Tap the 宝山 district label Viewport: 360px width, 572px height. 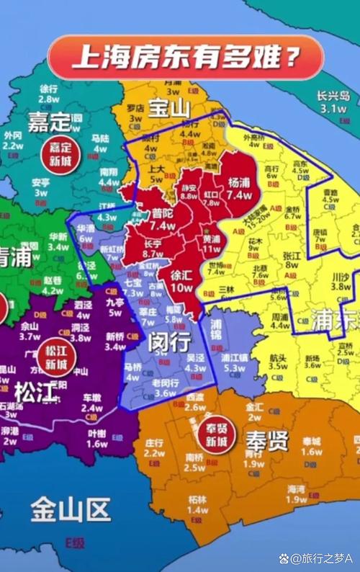168,110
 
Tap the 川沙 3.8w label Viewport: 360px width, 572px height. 341,281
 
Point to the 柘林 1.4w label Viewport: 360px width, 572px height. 198,504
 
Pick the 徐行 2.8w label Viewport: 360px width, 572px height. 49,94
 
